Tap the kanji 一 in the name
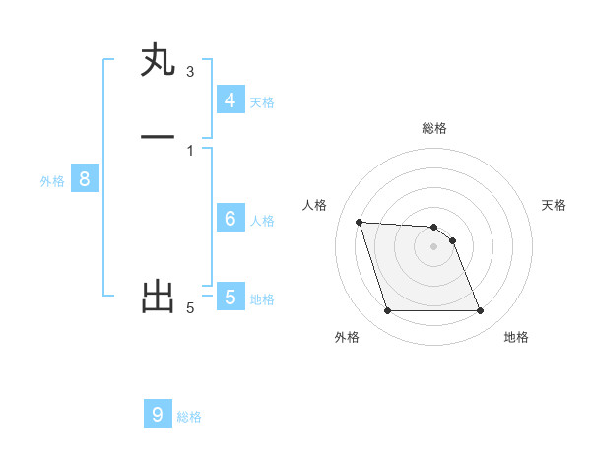click(158, 137)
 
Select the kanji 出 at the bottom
click(158, 296)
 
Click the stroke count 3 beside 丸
click(190, 71)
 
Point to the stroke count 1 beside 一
click(190, 150)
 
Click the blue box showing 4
click(230, 99)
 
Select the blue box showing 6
click(230, 218)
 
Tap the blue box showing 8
click(85, 179)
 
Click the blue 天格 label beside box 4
click(262, 101)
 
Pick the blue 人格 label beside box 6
click(262, 220)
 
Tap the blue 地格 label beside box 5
click(262, 298)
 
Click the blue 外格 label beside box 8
click(52, 181)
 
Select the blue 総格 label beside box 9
click(189, 416)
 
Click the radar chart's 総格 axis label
click(434, 128)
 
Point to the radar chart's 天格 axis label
click(554, 205)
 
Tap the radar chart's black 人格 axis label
click(315, 205)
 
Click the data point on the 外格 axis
click(387, 311)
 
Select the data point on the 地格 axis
click(481, 311)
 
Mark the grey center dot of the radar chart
click(434, 246)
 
